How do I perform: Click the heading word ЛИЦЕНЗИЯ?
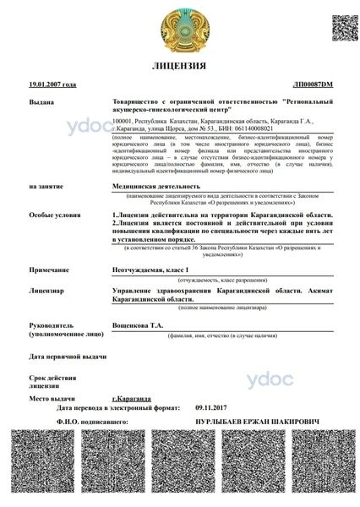pos(178,65)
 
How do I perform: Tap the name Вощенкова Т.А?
pos(140,324)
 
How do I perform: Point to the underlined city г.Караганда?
pos(132,397)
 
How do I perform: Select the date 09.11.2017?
pos(211,406)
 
